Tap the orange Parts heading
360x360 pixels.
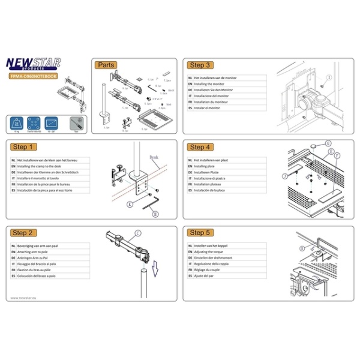pos(106,65)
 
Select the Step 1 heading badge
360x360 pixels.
pos(24,146)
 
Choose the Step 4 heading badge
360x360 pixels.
pos(200,146)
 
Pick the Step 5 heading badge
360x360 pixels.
pos(200,232)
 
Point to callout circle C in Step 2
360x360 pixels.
pos(138,233)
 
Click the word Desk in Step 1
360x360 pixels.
pos(154,157)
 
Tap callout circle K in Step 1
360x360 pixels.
pos(130,204)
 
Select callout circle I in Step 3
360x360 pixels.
pos(329,78)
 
